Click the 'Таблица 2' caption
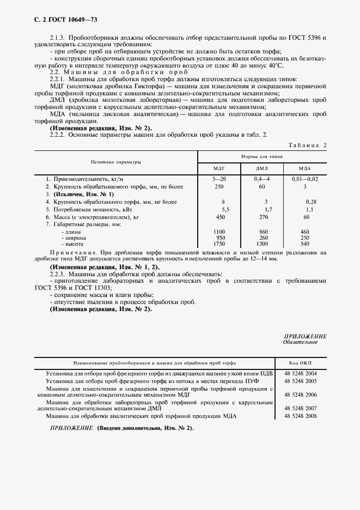(x=307, y=145)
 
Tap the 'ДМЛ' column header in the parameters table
(x=262, y=168)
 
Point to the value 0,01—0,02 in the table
(x=304, y=179)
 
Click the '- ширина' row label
(x=72, y=238)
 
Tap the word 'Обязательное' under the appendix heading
(x=301, y=343)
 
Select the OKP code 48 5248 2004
(x=301, y=373)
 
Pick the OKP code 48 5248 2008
(x=301, y=416)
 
